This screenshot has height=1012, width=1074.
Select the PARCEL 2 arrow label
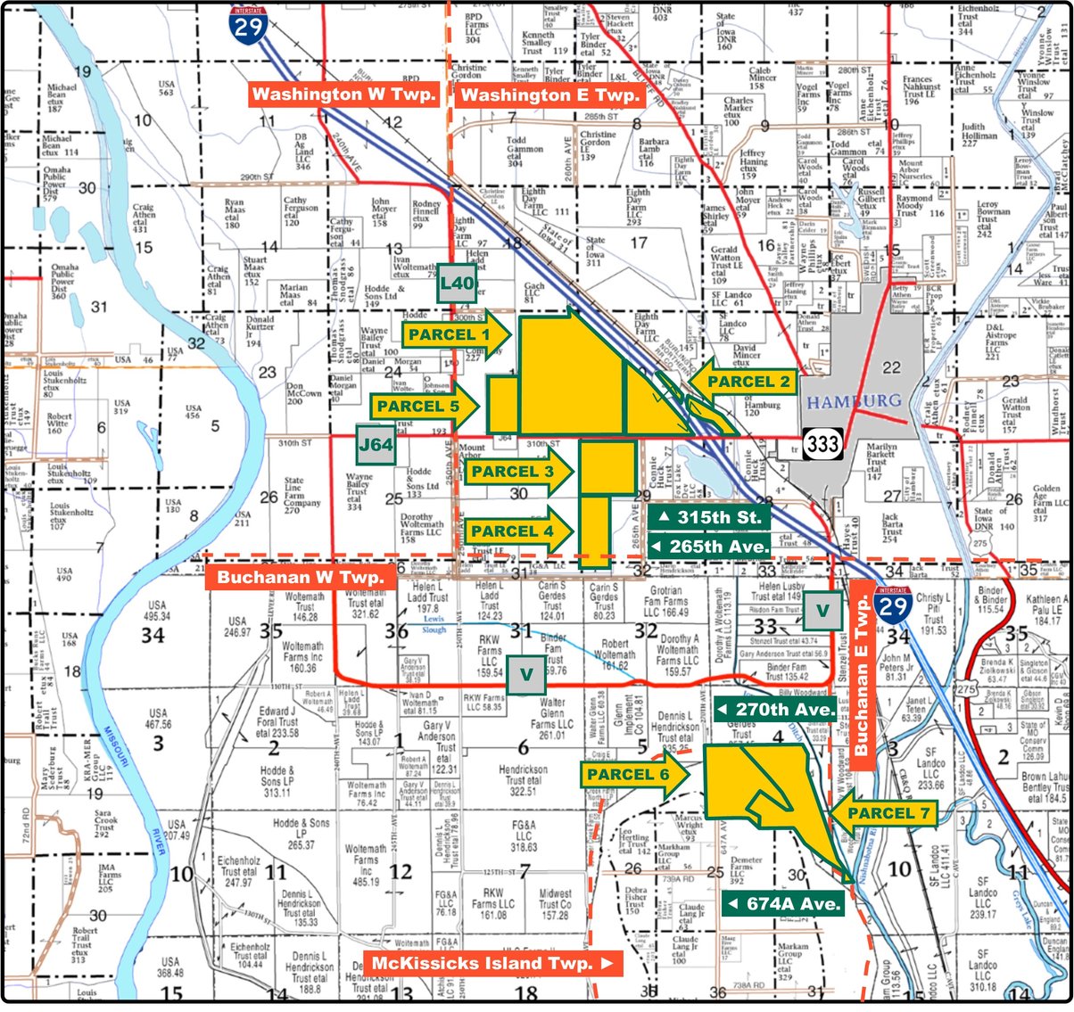click(745, 382)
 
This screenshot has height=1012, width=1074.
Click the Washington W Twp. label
click(343, 95)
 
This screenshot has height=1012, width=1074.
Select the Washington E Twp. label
click(549, 95)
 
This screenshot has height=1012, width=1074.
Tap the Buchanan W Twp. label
click(301, 577)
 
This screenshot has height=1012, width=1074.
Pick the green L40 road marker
click(457, 284)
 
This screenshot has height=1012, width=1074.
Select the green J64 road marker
click(376, 444)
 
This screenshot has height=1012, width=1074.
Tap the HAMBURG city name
click(854, 402)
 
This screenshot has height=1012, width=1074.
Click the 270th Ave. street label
click(775, 710)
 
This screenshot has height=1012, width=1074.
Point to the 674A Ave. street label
click(783, 904)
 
